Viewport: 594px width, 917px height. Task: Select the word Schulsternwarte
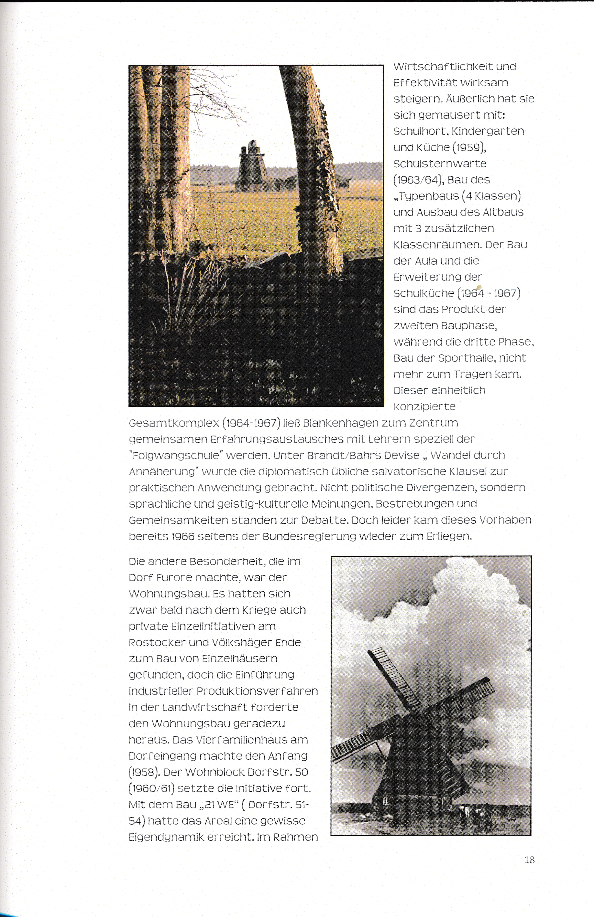coord(440,164)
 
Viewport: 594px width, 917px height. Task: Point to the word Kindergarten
coord(488,131)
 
